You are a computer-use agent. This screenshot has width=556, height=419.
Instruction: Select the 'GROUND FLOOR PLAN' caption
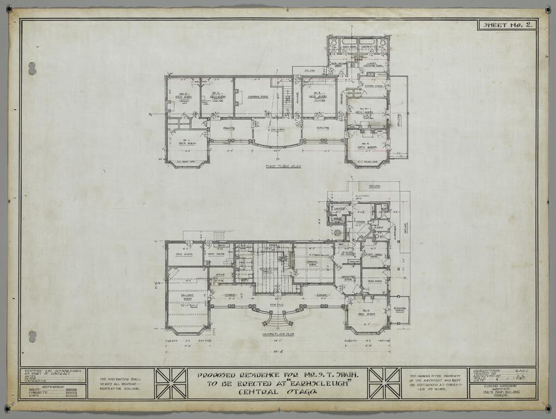(277, 334)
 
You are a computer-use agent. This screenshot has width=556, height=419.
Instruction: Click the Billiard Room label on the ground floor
(188, 297)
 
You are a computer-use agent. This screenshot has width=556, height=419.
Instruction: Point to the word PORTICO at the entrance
(277, 305)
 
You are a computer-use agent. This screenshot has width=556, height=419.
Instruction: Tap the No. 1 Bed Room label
(187, 142)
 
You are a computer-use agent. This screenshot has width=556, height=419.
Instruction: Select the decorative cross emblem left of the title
(171, 383)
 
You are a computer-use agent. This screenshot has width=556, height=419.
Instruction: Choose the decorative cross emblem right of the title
(384, 383)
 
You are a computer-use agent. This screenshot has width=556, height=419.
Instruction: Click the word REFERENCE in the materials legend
(52, 386)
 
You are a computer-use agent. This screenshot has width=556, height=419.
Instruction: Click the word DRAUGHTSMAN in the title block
(484, 371)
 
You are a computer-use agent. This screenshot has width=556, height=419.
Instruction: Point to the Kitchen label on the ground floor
(359, 222)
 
